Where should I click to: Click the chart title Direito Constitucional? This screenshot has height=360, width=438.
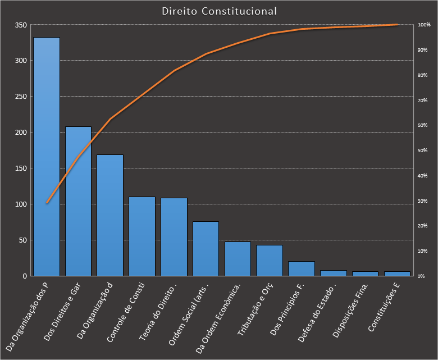[x=219, y=11]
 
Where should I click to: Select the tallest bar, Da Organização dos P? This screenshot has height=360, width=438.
[x=47, y=157]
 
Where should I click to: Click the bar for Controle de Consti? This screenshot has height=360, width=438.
[x=142, y=236]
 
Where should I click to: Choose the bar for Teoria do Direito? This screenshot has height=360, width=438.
[x=174, y=236]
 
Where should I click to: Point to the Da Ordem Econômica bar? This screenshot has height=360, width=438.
[x=238, y=259]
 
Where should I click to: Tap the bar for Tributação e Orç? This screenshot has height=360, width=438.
[x=270, y=261]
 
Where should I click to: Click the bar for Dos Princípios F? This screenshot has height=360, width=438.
[x=302, y=268]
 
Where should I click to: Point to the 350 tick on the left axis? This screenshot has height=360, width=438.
[x=21, y=25]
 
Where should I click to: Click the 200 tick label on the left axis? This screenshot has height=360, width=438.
[x=21, y=133]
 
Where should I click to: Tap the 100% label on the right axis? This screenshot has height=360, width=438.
[x=424, y=25]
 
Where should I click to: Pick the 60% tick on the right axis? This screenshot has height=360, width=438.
[x=423, y=126]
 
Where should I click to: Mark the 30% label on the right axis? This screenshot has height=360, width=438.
[x=423, y=201]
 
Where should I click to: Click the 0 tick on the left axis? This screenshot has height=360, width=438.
[x=25, y=276]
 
